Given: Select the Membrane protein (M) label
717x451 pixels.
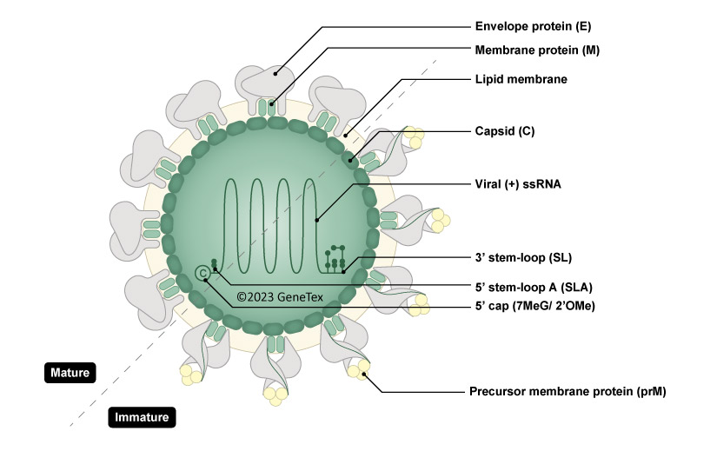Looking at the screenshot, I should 538,50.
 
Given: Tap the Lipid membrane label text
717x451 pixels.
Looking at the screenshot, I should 521,79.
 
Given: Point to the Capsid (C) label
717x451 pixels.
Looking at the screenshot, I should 505,131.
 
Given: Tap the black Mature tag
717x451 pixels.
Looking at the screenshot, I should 70,373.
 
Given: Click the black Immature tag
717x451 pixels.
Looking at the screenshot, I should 143,418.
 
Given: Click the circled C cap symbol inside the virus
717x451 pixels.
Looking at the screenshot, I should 203,273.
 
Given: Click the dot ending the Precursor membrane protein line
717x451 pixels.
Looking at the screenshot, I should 365,375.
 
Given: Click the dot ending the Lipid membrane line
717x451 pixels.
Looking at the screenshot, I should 345,135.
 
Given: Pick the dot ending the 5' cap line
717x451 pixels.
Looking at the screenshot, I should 206,280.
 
